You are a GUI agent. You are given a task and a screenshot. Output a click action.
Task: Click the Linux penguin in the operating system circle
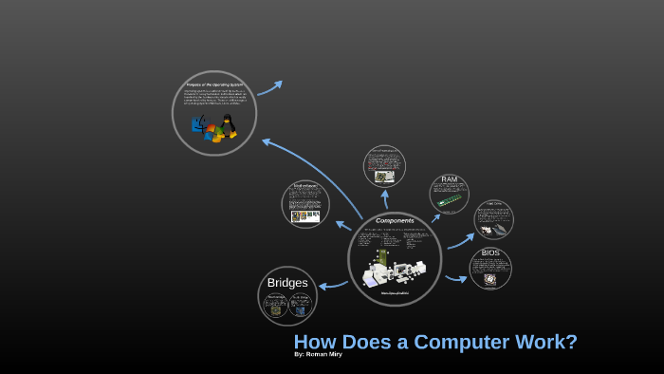(x=227, y=124)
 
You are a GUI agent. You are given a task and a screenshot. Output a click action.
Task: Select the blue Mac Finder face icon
(x=197, y=124)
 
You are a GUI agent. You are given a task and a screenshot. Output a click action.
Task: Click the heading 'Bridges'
(x=287, y=283)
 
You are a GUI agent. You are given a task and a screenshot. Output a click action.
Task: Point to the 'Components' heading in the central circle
(x=395, y=221)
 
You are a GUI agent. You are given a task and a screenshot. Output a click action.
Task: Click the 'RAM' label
(x=450, y=179)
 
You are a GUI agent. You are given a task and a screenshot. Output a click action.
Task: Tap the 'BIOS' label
(x=490, y=253)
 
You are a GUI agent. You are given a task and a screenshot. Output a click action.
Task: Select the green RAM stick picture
(x=449, y=201)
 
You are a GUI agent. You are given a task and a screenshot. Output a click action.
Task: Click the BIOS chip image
(x=490, y=279)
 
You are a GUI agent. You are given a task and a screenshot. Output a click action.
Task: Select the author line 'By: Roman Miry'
(x=318, y=355)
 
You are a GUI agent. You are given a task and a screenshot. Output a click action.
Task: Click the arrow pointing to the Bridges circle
(x=332, y=283)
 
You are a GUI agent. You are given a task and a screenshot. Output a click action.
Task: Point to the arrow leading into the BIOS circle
(x=456, y=279)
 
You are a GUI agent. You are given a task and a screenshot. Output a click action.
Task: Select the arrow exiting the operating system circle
(x=269, y=87)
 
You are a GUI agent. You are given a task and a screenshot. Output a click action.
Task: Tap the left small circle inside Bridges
(x=277, y=305)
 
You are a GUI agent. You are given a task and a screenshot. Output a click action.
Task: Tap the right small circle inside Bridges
(x=300, y=305)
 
